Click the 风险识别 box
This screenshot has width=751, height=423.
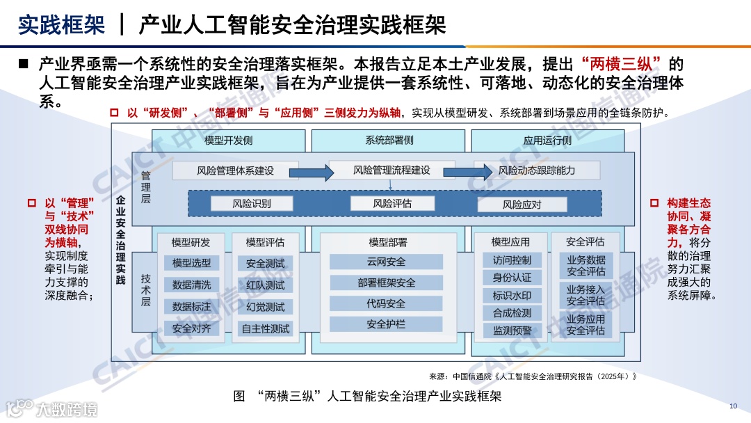pyautogui.click(x=251, y=204)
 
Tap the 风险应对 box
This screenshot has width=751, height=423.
pyautogui.click(x=522, y=205)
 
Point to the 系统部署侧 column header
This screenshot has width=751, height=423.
pyautogui.click(x=389, y=140)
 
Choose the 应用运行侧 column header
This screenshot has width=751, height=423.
pyautogui.click(x=547, y=140)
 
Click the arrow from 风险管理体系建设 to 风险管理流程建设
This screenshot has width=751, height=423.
pyautogui.click(x=314, y=171)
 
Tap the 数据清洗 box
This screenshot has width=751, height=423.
pyautogui.click(x=191, y=285)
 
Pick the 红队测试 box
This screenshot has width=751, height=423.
pyautogui.click(x=265, y=285)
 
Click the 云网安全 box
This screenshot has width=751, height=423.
pyautogui.click(x=386, y=262)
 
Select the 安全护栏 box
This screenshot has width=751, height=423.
pyautogui.click(x=386, y=324)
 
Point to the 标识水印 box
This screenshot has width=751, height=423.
pyautogui.click(x=512, y=296)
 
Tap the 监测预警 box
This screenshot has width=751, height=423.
pyautogui.click(x=512, y=331)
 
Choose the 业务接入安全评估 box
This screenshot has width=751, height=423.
pyautogui.click(x=586, y=295)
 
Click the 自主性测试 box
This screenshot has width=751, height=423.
pyautogui.click(x=265, y=328)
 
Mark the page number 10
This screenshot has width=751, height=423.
pyautogui.click(x=733, y=406)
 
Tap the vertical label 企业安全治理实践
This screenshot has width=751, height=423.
pyautogui.click(x=120, y=240)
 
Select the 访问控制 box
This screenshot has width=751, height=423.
pyautogui.click(x=512, y=260)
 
